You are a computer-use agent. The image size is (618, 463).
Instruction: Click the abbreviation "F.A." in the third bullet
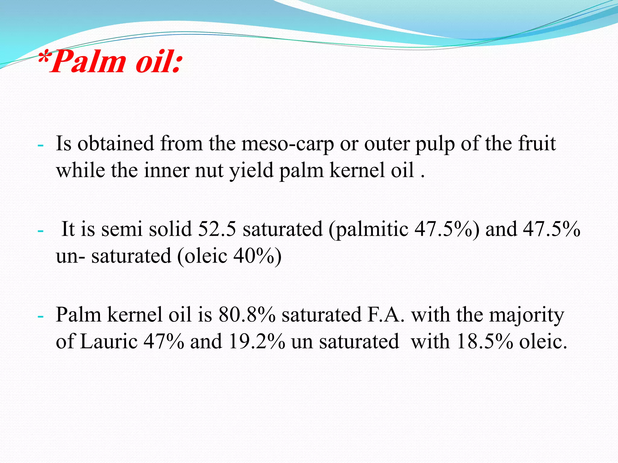[x=385, y=315]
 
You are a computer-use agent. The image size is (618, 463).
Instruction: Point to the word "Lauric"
[x=109, y=342]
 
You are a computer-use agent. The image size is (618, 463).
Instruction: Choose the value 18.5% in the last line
[x=485, y=342]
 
